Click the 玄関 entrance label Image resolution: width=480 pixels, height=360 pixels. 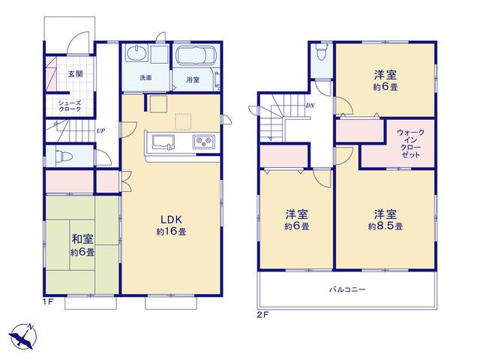pos(75,73)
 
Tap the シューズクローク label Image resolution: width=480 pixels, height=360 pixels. pos(70,106)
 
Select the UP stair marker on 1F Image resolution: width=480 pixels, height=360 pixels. pos(100,131)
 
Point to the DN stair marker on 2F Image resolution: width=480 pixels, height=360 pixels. pos(310,106)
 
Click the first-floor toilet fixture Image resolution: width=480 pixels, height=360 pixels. pos(64,157)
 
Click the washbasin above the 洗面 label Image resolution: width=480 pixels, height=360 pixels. pos(137,53)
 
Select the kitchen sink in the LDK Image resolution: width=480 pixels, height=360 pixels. pos(163,142)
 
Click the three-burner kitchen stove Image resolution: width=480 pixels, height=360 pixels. pos(203,142)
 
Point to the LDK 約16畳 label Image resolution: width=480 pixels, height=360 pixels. pos(171,225)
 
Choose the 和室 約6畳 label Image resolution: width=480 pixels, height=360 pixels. pos(82,245)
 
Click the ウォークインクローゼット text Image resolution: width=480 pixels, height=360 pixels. pos(410,143)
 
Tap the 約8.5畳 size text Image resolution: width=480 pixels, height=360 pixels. pos(385,226)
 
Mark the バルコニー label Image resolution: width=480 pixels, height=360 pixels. pos(347,289)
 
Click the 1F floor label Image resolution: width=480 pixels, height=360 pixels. pos(48,301)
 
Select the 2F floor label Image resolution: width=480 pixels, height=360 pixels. pos(262,315)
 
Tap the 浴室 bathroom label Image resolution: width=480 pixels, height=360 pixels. pos(193,80)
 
